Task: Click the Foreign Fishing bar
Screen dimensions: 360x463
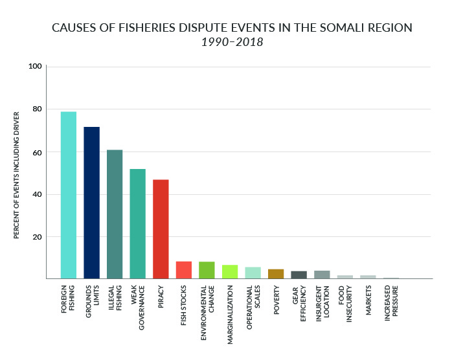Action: [69, 195]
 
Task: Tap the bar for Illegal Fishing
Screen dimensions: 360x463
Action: [115, 214]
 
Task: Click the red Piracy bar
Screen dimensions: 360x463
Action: [161, 229]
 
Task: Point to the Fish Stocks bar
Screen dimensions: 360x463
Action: [184, 270]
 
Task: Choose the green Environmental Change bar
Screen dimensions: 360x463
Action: [207, 270]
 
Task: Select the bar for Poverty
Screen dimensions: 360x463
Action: [276, 274]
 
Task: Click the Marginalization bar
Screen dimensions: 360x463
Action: [230, 272]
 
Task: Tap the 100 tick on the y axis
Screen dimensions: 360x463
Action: [35, 67]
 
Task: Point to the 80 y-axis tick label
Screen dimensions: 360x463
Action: [38, 109]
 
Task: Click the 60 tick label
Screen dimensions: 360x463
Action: [38, 152]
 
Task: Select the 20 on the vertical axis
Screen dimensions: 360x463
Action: [38, 237]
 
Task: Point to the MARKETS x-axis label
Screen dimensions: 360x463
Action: [368, 300]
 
